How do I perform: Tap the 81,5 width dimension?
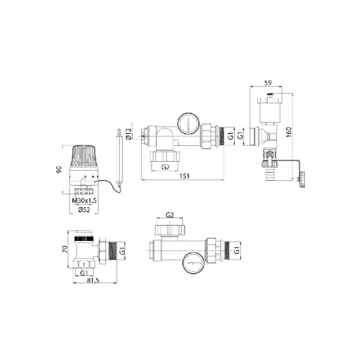click(x=92, y=281)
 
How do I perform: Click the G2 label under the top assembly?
click(x=165, y=167)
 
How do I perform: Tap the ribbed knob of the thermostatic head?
click(x=86, y=154)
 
